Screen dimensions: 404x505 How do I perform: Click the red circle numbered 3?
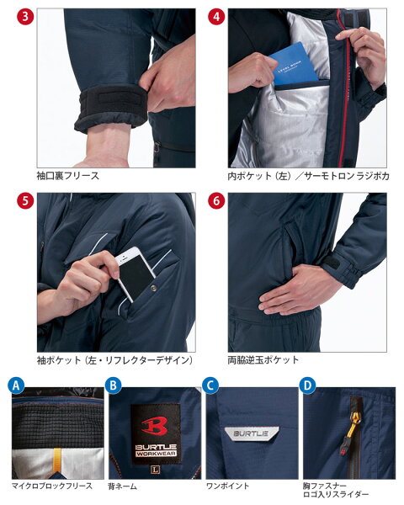(25, 17)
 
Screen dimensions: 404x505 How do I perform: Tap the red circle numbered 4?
(216, 17)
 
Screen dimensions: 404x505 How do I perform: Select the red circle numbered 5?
(25, 200)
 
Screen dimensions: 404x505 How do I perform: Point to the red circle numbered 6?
(216, 200)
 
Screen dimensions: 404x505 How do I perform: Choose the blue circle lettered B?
(113, 385)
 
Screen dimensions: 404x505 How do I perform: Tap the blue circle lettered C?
(210, 385)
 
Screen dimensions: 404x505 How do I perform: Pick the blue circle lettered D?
(308, 385)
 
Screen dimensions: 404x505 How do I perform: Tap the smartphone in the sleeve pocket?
(136, 273)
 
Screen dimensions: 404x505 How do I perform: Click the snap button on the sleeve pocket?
(153, 289)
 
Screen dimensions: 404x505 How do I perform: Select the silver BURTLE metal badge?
(252, 433)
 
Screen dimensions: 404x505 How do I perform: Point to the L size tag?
(155, 470)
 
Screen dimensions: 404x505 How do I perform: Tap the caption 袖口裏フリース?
(67, 176)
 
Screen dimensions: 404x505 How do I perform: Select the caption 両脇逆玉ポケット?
(263, 359)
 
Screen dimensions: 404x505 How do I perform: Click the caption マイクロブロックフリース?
(52, 486)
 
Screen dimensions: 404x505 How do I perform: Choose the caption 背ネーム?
(122, 486)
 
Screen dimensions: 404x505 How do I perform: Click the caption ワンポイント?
(227, 486)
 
